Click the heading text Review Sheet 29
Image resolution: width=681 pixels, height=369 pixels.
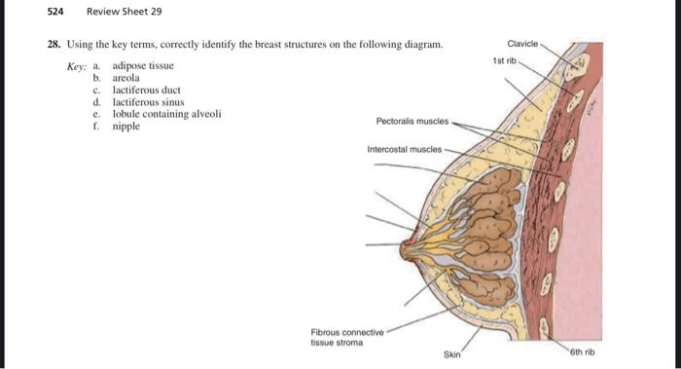(x=125, y=12)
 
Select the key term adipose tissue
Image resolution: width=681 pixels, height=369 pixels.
(x=143, y=65)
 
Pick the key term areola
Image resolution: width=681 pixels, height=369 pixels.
(x=126, y=77)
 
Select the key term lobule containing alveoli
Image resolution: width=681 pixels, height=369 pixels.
(x=166, y=113)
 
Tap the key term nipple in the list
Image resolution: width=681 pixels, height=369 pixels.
(x=126, y=126)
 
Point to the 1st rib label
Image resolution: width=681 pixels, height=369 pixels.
(x=504, y=60)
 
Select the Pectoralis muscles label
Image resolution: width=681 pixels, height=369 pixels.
(x=412, y=122)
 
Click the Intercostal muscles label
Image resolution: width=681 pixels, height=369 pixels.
(x=403, y=150)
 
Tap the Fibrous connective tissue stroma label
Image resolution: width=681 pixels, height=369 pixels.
(x=347, y=336)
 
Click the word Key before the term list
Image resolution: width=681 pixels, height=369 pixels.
(x=77, y=65)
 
